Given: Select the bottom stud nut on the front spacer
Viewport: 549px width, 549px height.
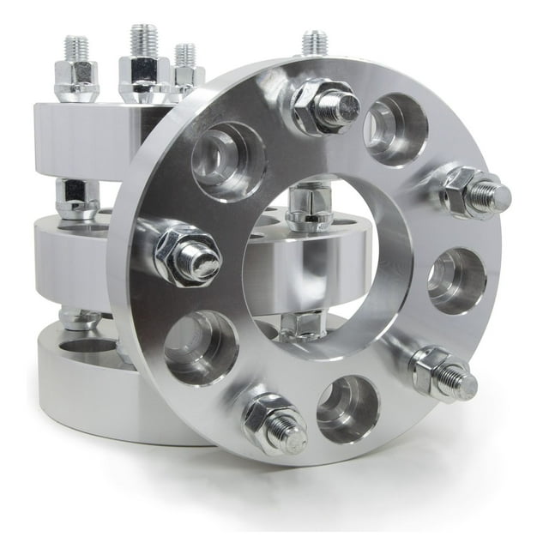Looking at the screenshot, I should pyautogui.click(x=273, y=422).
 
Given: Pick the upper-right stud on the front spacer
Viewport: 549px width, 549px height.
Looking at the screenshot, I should pyautogui.click(x=474, y=193).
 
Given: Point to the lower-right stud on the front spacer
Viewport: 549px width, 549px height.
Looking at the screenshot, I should pyautogui.click(x=442, y=373).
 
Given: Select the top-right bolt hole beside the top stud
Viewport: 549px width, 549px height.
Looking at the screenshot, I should pyautogui.click(x=395, y=130).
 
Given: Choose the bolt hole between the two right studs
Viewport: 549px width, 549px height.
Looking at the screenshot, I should pyautogui.click(x=456, y=281).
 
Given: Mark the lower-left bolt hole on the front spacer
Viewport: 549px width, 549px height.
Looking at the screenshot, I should pyautogui.click(x=201, y=347).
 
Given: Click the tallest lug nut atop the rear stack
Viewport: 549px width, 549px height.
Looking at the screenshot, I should pyautogui.click(x=142, y=69).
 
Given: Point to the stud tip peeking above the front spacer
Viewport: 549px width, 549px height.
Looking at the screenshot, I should pyautogui.click(x=314, y=42).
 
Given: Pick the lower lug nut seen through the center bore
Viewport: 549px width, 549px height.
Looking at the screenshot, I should pyautogui.click(x=302, y=324).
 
